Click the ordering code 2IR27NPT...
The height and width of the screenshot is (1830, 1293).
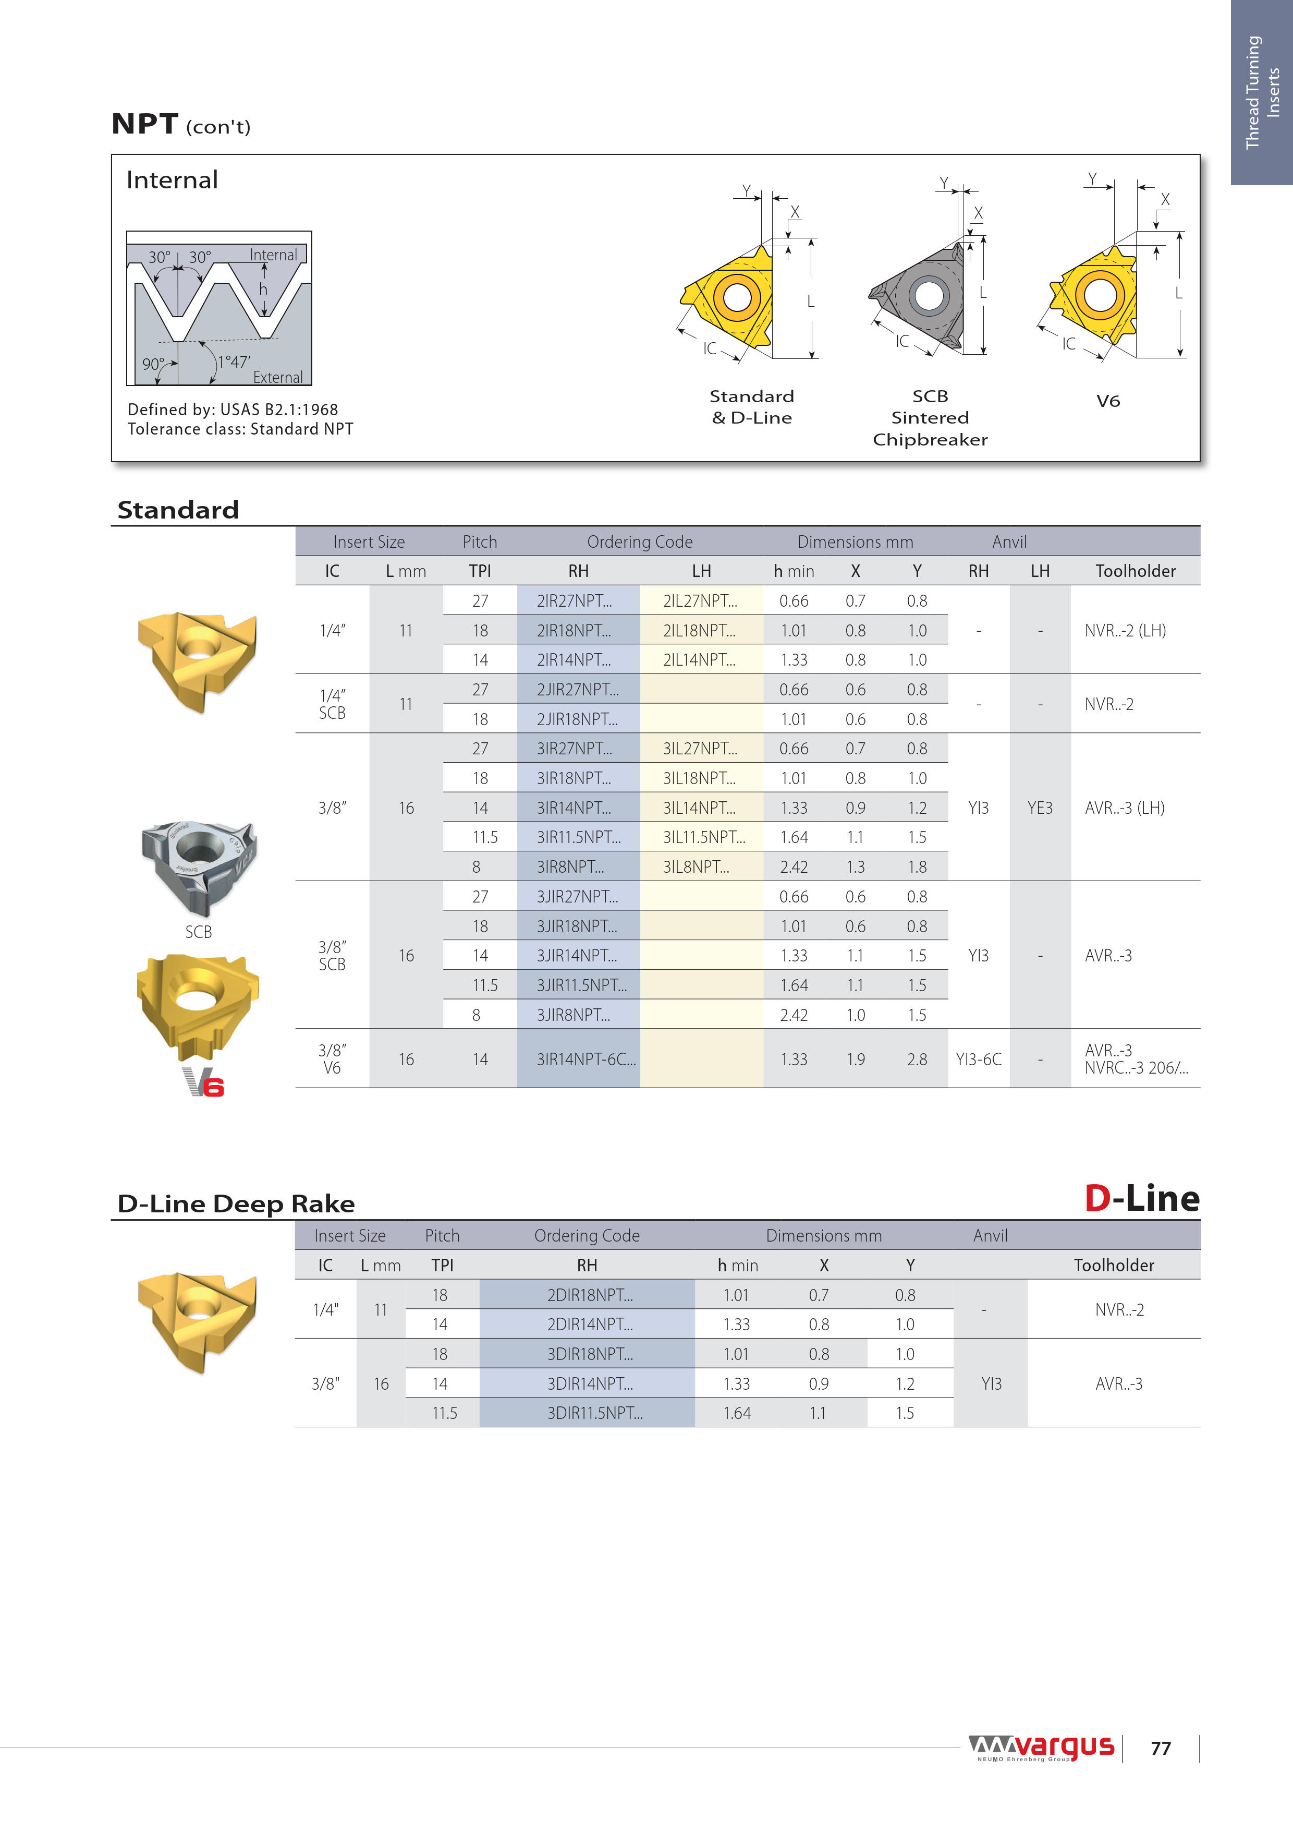574,601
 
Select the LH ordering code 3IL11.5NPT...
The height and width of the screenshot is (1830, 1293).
703,837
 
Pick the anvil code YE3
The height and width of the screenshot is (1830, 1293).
1040,808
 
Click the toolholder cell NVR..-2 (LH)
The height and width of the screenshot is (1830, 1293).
1125,631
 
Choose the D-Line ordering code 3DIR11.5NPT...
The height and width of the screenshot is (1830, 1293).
594,1413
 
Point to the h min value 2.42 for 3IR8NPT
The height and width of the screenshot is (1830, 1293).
794,867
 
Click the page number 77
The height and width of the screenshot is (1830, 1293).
1161,1748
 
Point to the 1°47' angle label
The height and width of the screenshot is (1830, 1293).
234,361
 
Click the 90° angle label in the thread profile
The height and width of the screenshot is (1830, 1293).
153,364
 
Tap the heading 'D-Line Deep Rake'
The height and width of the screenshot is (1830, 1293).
236,1203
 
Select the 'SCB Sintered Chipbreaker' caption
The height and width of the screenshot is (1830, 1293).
930,418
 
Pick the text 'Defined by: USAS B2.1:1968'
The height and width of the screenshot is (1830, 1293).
233,410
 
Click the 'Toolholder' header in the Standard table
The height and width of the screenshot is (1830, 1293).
1135,571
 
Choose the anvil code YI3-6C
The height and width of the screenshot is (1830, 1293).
978,1060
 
